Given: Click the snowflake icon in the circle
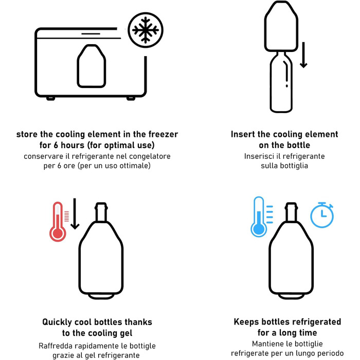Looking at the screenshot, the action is (146, 30).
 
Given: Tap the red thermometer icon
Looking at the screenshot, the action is (58, 222).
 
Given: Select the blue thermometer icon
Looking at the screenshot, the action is (259, 217).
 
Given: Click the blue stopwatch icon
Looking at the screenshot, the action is (322, 215).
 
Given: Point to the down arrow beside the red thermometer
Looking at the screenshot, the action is (75, 214).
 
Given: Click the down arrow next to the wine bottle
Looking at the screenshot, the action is (303, 55).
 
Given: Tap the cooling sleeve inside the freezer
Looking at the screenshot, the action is (92, 66).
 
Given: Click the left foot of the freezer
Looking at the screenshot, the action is (50, 99).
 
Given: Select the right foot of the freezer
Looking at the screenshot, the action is (131, 99).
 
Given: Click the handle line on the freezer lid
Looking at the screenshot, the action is (91, 34).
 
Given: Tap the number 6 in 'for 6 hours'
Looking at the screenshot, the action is (56, 145).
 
